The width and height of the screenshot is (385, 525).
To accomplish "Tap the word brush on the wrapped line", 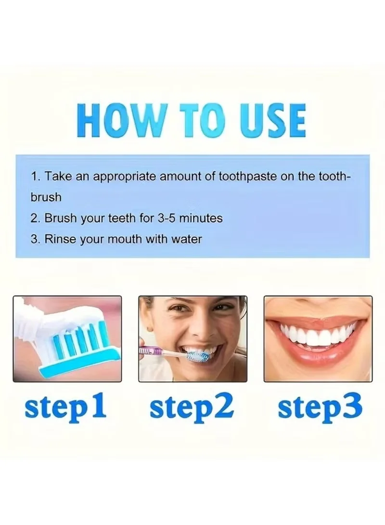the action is pyautogui.click(x=46, y=197).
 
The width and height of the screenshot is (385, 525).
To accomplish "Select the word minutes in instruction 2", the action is pyautogui.click(x=201, y=218).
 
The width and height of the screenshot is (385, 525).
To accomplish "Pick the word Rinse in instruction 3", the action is pyautogui.click(x=60, y=239).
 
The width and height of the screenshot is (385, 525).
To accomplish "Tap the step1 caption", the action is pyautogui.click(x=65, y=406).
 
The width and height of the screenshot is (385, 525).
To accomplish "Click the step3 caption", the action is pyautogui.click(x=320, y=406).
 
